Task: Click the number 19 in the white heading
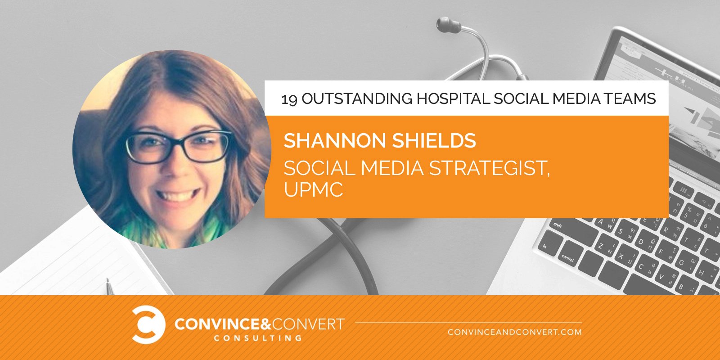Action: [x=289, y=99]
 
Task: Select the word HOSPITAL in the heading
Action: [x=453, y=99]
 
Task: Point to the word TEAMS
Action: [x=630, y=99]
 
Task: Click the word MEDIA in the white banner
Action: [x=576, y=99]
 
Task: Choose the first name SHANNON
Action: [x=335, y=140]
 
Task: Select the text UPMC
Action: [x=313, y=189]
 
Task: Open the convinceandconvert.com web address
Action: [x=515, y=332]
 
